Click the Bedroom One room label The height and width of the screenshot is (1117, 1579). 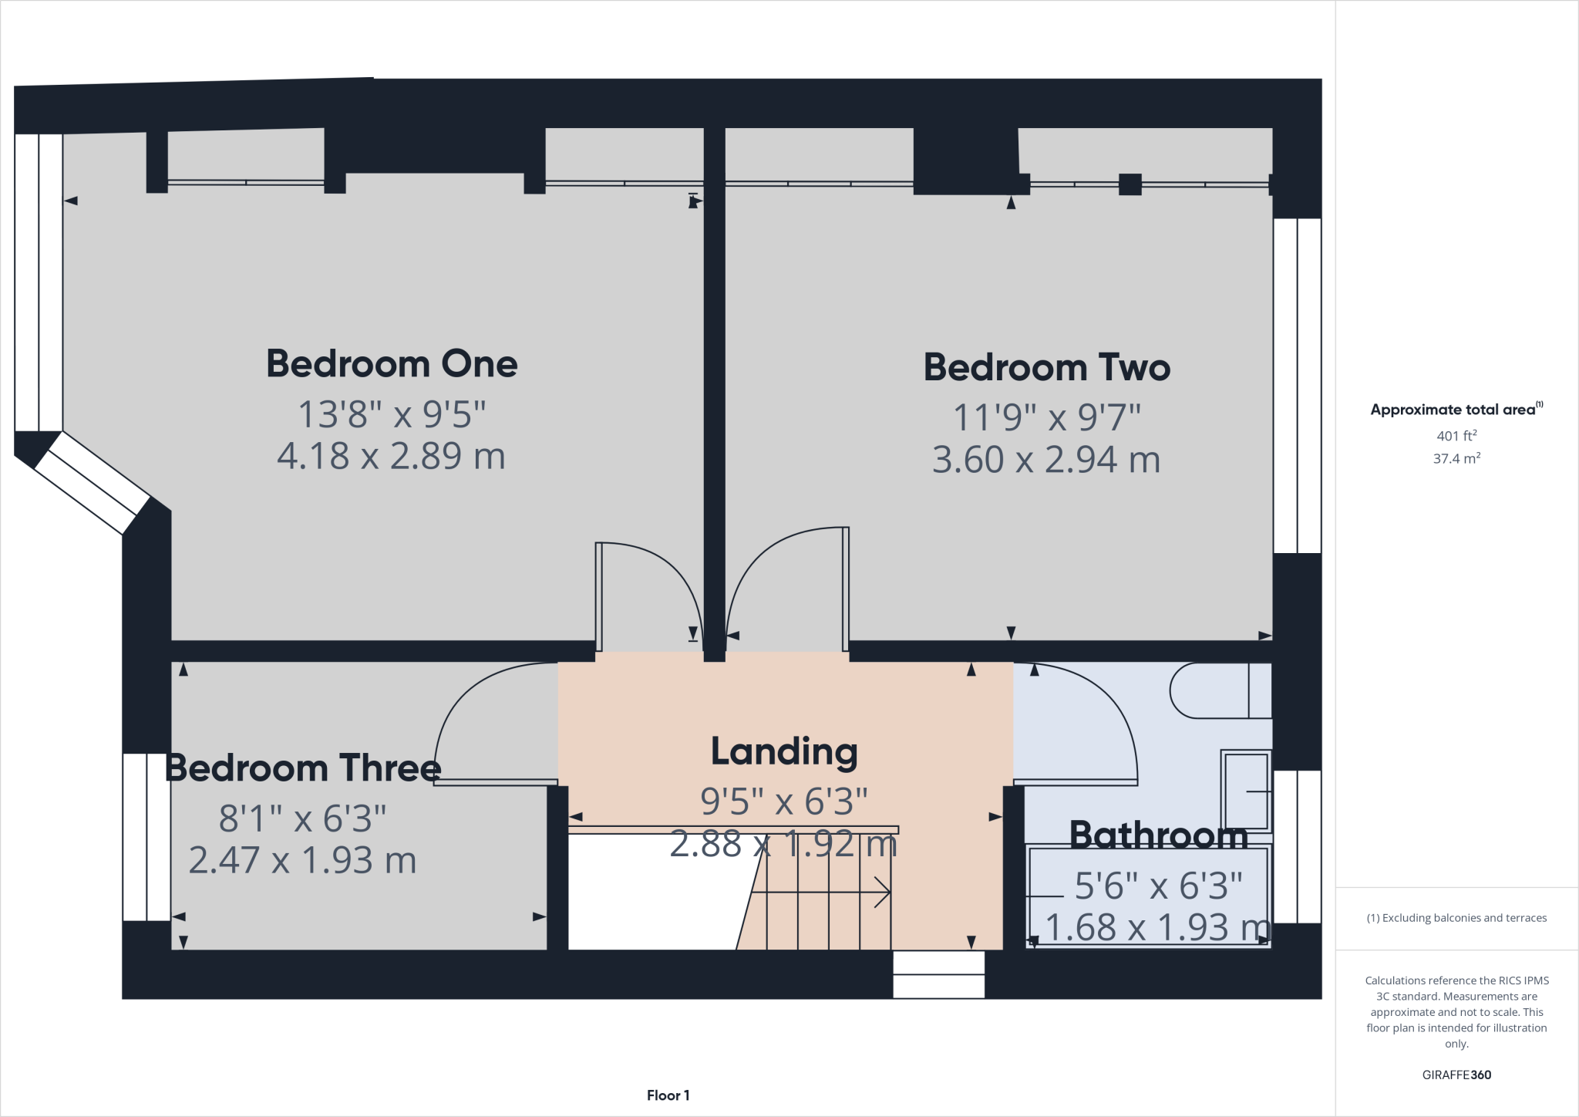pyautogui.click(x=392, y=363)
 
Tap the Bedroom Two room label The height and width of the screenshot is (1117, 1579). pyautogui.click(x=1046, y=367)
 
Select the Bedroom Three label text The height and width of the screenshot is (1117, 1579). pyautogui.click(x=302, y=768)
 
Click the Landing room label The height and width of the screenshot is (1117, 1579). pyautogui.click(x=783, y=751)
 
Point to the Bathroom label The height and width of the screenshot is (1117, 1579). pyautogui.click(x=1158, y=835)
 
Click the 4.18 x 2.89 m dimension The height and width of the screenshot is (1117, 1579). pyautogui.click(x=391, y=456)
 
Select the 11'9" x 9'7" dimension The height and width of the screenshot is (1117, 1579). pyautogui.click(x=1046, y=418)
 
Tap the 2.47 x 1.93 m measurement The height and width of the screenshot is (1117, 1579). pyautogui.click(x=302, y=860)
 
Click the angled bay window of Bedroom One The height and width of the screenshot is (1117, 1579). pyautogui.click(x=92, y=482)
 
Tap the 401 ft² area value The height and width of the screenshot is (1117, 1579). pyautogui.click(x=1456, y=436)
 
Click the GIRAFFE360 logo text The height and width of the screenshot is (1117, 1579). pyautogui.click(x=1456, y=1075)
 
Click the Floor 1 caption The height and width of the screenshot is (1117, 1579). pyautogui.click(x=668, y=1095)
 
